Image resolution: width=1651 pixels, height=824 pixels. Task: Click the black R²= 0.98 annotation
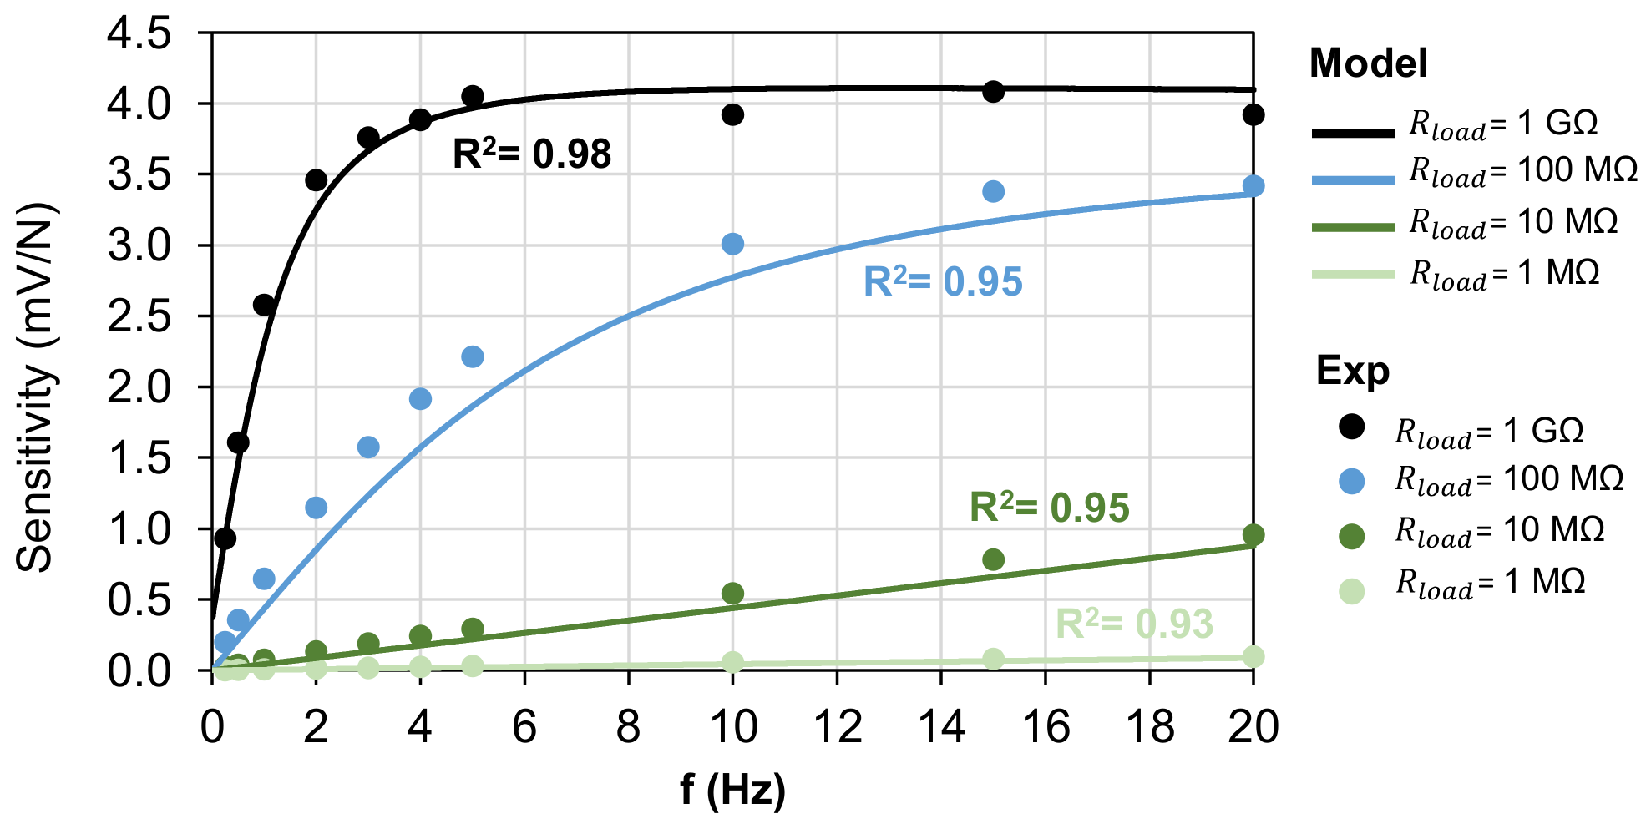pyautogui.click(x=531, y=154)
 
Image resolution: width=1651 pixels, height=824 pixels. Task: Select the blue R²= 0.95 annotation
pyautogui.click(x=942, y=282)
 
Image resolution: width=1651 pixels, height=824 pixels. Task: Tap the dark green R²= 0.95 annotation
pyautogui.click(x=1049, y=508)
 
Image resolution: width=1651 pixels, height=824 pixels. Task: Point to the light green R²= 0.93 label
pyautogui.click(x=1134, y=624)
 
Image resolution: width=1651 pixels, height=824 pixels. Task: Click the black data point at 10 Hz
pyautogui.click(x=732, y=114)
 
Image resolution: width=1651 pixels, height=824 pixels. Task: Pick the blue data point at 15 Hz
pyautogui.click(x=993, y=191)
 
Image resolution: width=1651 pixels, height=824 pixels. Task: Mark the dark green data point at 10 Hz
pyautogui.click(x=732, y=594)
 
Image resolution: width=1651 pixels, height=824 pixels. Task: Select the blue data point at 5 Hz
pyautogui.click(x=473, y=356)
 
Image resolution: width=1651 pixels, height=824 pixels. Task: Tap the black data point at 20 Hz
pyautogui.click(x=1253, y=114)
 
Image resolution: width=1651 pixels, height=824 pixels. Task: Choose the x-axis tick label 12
pyautogui.click(x=837, y=728)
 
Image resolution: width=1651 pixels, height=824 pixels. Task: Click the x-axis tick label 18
pyautogui.click(x=1149, y=728)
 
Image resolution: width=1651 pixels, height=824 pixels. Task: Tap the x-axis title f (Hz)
pyautogui.click(x=732, y=789)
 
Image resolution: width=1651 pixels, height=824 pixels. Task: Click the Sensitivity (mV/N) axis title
pyautogui.click(x=35, y=388)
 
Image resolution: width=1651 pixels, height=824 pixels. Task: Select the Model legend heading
pyautogui.click(x=1368, y=63)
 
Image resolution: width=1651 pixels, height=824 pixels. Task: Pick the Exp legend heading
pyautogui.click(x=1352, y=370)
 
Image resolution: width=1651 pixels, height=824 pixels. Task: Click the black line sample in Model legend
pyautogui.click(x=1353, y=133)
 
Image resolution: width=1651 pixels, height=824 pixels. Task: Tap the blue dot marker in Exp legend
pyautogui.click(x=1351, y=481)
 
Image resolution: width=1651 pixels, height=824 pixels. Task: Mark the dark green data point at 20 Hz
pyautogui.click(x=1253, y=535)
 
